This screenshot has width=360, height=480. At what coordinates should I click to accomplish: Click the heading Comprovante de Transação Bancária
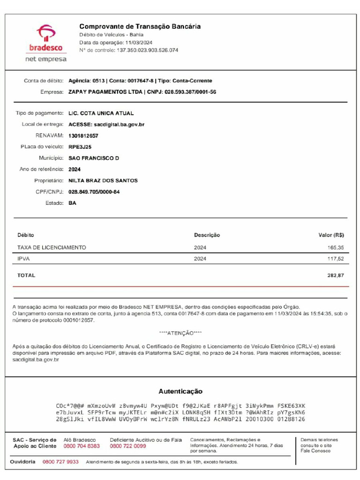click(x=140, y=27)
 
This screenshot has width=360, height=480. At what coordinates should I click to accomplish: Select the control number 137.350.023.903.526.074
click(x=147, y=50)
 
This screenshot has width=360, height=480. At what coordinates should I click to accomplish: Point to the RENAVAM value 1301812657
click(x=83, y=136)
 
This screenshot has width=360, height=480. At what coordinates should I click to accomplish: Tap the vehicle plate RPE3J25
click(x=80, y=147)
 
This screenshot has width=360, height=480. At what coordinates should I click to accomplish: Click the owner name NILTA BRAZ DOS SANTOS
click(x=103, y=181)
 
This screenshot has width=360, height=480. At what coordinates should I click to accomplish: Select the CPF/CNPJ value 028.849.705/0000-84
click(x=94, y=192)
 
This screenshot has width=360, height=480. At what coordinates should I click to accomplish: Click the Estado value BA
click(x=72, y=203)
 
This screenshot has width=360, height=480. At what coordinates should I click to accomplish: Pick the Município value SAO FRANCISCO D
click(x=94, y=158)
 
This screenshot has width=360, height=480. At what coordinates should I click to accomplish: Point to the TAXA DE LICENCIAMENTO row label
click(x=52, y=247)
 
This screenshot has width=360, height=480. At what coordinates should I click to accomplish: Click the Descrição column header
click(x=207, y=235)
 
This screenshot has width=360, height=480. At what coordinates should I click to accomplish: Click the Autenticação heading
click(x=180, y=391)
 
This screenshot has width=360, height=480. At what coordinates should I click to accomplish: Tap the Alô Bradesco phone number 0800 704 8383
click(x=82, y=446)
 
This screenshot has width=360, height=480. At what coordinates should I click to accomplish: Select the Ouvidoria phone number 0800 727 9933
click(x=60, y=462)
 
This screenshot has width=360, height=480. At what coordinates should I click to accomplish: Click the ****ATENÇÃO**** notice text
click(x=180, y=333)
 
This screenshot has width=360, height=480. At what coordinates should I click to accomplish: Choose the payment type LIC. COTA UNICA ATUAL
click(x=101, y=113)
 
